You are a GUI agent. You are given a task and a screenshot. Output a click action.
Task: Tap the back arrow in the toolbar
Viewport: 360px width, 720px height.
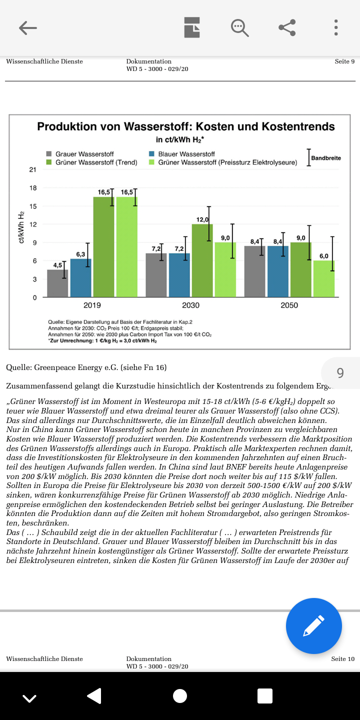[x=28, y=28]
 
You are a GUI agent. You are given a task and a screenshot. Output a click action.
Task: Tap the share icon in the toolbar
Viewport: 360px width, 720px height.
[x=287, y=28]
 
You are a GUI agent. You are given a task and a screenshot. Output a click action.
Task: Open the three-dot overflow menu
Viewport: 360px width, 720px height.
[x=336, y=28]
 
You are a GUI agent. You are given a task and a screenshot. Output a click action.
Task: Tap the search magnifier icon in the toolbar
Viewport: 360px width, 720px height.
[x=239, y=28]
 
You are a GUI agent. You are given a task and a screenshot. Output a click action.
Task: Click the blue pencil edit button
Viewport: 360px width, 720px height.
[x=314, y=626]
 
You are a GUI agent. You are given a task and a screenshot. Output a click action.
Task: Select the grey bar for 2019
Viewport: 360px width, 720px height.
[x=57, y=283]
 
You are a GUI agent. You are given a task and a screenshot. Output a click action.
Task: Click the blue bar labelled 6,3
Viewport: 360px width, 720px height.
[x=80, y=278]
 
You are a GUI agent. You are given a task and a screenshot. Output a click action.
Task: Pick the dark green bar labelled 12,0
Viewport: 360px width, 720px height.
[x=202, y=260]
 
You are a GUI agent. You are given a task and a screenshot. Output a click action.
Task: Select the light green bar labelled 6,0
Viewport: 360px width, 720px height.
[x=324, y=278]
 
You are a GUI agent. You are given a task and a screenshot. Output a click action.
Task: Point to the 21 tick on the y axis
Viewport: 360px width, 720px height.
[x=33, y=170]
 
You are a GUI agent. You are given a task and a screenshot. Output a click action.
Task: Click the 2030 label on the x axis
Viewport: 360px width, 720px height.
[x=190, y=305]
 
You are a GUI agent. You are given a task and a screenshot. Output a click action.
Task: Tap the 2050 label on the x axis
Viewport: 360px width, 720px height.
[x=289, y=305]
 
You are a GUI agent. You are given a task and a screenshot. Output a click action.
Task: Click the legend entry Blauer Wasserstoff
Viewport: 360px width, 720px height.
[x=186, y=154]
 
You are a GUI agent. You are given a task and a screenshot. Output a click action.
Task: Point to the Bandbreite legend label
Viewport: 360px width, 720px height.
[x=326, y=158]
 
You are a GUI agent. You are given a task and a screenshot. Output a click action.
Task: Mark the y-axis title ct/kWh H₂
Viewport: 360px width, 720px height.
[x=21, y=227]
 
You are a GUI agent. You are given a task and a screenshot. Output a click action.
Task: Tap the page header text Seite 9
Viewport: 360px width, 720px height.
[x=344, y=61]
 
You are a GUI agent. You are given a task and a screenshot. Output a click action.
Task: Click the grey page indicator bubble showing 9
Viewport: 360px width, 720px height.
[x=340, y=373]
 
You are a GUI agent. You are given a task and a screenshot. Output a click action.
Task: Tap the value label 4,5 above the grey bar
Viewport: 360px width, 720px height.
[x=57, y=265]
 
